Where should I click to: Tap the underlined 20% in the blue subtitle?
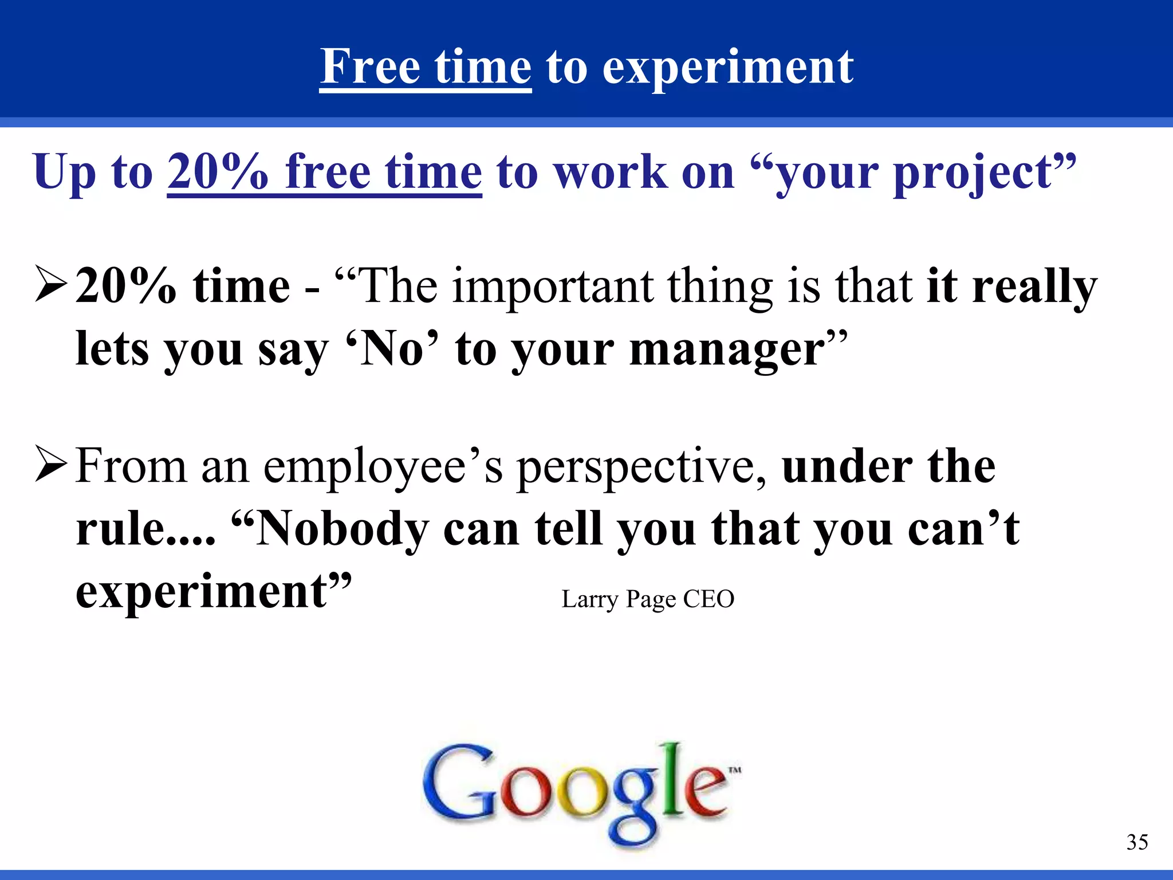pyautogui.click(x=218, y=172)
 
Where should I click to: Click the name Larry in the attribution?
pyautogui.click(x=590, y=600)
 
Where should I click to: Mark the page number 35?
pyautogui.click(x=1137, y=842)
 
